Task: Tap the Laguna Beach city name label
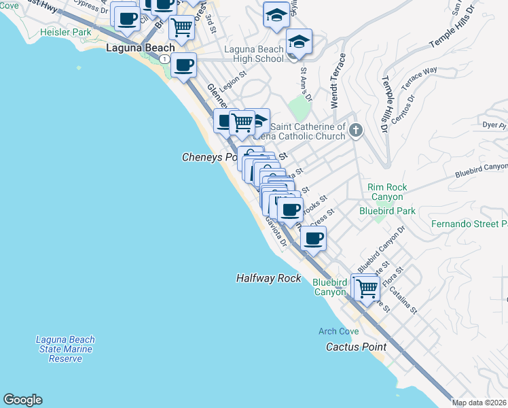pos(141,48)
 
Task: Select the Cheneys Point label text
pos(210,157)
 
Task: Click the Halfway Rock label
pos(268,278)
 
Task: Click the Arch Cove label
pos(339,331)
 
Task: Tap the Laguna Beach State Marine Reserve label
pos(65,348)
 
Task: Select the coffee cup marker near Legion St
pos(183,65)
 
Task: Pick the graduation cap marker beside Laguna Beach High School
pos(298,41)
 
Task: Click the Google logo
pos(22,400)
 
